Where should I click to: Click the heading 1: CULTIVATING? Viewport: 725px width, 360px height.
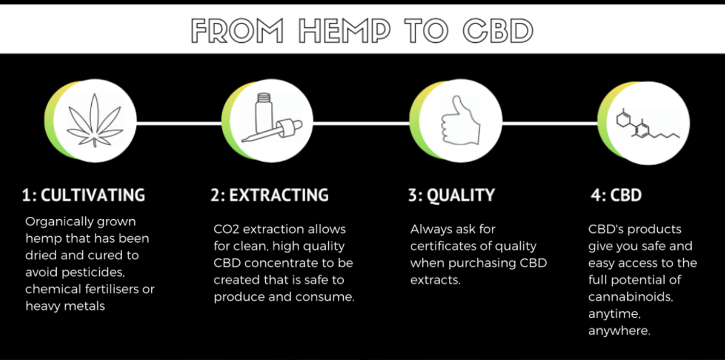click(x=83, y=195)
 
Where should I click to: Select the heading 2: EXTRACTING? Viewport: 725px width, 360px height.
click(x=270, y=195)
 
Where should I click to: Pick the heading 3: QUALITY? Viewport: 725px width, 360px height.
click(x=451, y=195)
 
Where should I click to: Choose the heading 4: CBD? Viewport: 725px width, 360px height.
click(x=616, y=196)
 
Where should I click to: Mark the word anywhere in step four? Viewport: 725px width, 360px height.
click(x=619, y=332)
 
